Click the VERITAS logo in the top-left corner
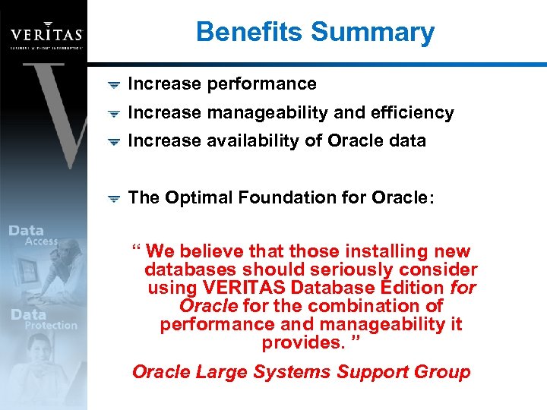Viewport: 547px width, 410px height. click(x=46, y=35)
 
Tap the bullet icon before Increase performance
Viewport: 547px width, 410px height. click(x=112, y=85)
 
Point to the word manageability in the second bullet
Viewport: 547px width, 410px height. click(x=265, y=113)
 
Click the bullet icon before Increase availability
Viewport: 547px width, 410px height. click(x=112, y=142)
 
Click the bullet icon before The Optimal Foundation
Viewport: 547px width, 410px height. click(x=112, y=198)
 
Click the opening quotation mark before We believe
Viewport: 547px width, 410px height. click(x=136, y=249)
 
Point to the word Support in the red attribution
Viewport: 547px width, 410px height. click(x=372, y=372)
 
